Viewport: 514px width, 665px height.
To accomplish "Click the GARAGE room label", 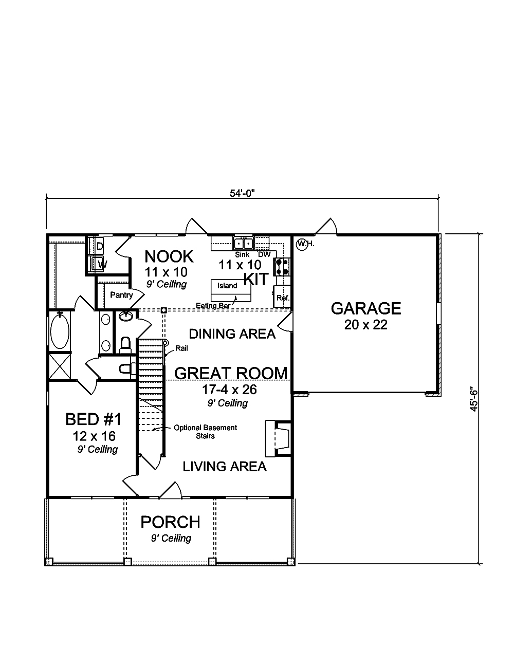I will click(365, 308).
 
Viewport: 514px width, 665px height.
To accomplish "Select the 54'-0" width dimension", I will click(243, 193).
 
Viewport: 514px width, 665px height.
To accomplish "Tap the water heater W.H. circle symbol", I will click(302, 243).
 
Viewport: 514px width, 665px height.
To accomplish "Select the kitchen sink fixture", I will click(243, 243).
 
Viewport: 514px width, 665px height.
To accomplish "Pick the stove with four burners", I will click(282, 266).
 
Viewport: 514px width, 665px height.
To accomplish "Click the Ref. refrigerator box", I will click(283, 297).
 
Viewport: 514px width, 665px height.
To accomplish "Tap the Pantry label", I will click(121, 295).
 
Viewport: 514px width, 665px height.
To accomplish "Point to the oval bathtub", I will click(60, 331).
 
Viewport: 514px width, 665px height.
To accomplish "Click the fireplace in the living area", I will click(278, 438).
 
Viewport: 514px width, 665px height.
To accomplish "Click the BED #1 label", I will click(94, 419).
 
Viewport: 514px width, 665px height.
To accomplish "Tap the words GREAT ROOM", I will click(231, 373).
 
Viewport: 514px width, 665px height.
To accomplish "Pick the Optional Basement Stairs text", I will click(205, 432).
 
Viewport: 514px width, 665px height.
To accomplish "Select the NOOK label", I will click(169, 256).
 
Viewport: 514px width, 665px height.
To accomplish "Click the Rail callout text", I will click(181, 348).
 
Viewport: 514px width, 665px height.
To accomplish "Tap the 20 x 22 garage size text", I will click(365, 325).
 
